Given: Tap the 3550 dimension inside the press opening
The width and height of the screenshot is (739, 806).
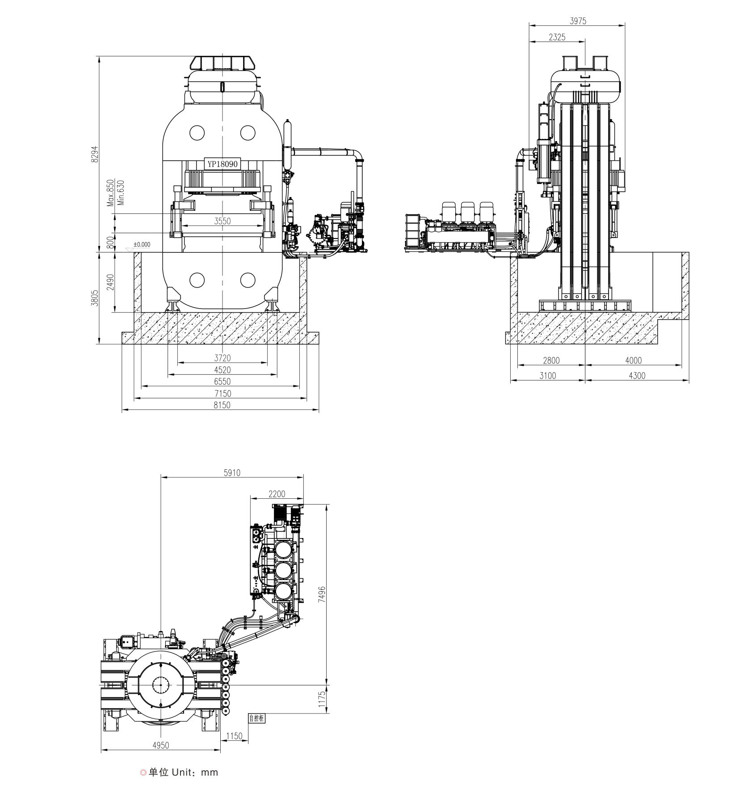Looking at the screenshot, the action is pos(222,221).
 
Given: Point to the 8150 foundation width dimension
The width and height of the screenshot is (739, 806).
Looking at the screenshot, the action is pos(222,405).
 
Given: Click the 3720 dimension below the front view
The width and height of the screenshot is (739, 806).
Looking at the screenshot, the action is pos(222,358).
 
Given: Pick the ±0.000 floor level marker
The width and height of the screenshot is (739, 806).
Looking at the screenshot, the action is pos(142,244).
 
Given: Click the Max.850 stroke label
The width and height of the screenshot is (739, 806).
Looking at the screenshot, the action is pos(110,192).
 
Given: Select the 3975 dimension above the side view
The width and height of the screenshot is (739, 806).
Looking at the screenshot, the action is pos(578,21).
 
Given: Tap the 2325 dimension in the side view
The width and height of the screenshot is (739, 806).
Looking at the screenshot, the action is pos(557,38).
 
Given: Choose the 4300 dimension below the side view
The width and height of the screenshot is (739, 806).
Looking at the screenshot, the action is pos(637,376).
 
